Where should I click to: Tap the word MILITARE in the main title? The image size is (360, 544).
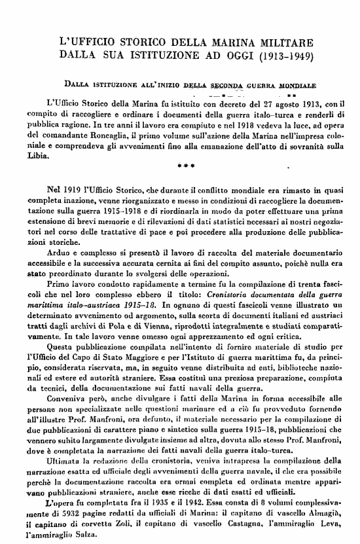pos(282,43)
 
